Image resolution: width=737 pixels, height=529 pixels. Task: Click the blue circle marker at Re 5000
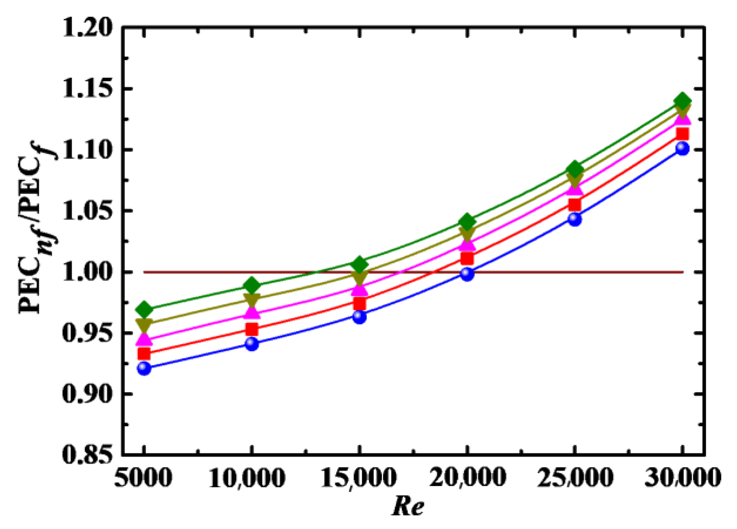point(144,368)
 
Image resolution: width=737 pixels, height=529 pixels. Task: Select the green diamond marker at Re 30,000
point(682,101)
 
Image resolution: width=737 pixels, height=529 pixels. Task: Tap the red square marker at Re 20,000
point(467,258)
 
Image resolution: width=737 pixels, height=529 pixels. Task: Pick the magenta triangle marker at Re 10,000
point(252,313)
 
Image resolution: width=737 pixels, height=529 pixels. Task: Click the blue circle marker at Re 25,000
point(575,219)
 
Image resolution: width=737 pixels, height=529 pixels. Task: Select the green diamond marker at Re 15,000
point(359,264)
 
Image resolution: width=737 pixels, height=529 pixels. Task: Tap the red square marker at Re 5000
point(144,354)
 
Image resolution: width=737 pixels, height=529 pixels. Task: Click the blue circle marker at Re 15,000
point(359,317)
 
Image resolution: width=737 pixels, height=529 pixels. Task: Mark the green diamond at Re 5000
point(144,309)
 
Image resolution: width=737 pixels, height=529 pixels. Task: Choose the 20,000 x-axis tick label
point(467,478)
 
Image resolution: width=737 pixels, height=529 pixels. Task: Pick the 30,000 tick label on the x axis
point(682,478)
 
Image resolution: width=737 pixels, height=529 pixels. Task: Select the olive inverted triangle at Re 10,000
point(252,300)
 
